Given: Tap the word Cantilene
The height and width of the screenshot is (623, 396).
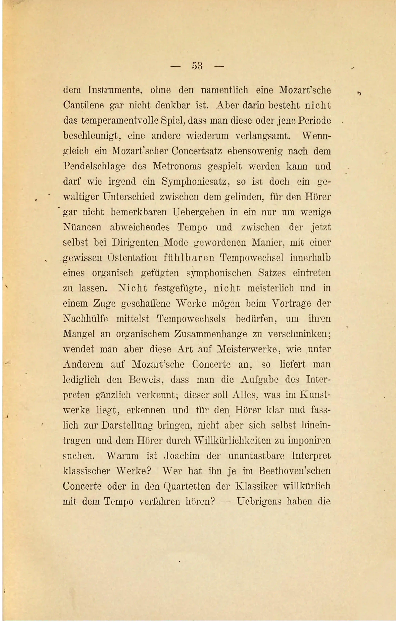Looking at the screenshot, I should pyautogui.click(x=83, y=106).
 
